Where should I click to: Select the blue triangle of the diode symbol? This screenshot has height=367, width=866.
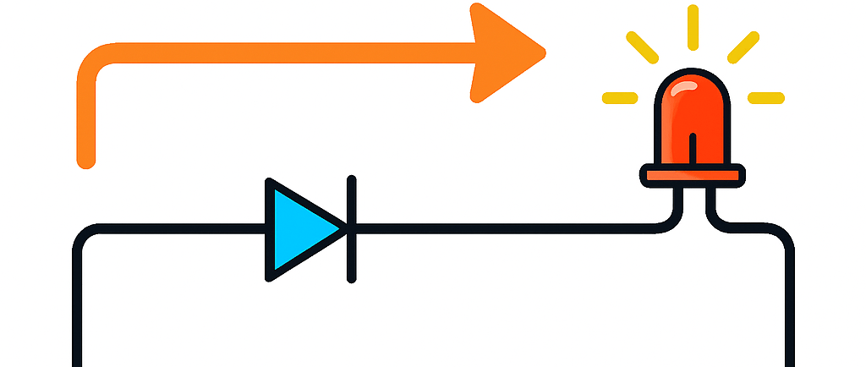point(298,228)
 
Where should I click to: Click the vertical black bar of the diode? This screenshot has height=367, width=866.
point(351,228)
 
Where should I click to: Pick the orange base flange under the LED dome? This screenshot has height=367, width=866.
point(693,176)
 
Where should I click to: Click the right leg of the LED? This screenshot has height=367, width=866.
point(711,203)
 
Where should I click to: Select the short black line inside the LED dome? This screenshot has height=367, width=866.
point(693,148)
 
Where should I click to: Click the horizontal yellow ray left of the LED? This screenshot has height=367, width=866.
point(619,98)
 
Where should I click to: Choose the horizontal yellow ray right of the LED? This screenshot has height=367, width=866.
point(766,98)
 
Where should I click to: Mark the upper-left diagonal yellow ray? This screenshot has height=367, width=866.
point(642,47)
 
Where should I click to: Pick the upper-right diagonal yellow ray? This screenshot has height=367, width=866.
point(743,47)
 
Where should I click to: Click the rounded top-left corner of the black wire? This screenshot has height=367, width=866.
point(85,238)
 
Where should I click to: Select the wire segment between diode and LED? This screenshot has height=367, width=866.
point(507,228)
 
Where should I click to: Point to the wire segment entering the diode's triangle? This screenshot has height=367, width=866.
point(186,228)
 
